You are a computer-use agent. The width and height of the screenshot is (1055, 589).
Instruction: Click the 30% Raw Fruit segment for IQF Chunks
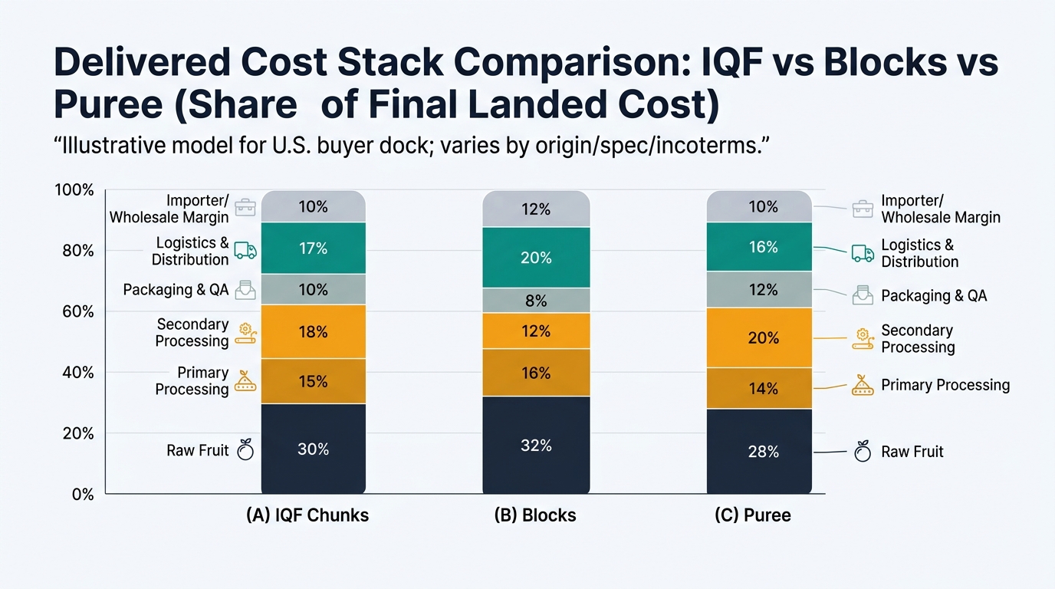tap(313, 449)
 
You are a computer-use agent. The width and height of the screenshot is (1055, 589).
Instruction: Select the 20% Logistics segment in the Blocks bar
tap(536, 258)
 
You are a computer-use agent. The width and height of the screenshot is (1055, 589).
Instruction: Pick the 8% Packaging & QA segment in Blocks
tap(536, 301)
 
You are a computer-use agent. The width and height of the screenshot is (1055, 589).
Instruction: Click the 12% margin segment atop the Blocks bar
tap(536, 209)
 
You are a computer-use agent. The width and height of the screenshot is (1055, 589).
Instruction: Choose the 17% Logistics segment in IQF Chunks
tap(313, 248)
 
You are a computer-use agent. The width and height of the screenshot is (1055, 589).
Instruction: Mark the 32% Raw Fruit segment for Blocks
tap(536, 445)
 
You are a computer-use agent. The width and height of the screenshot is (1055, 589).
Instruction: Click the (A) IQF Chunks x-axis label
tap(307, 515)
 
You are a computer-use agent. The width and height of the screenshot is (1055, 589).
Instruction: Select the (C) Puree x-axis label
tap(752, 515)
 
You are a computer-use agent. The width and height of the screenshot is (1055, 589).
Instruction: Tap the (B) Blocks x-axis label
tap(535, 515)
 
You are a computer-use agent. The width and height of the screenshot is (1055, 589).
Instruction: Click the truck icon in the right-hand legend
tap(863, 253)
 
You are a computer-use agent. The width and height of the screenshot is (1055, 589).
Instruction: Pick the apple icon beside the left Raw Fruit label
tap(245, 450)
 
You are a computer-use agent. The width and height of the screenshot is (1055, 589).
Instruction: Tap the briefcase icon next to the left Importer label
tap(245, 207)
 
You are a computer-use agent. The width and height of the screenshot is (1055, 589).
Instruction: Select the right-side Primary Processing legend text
tap(945, 385)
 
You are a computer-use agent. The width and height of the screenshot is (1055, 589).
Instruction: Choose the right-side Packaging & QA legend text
tap(934, 295)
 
